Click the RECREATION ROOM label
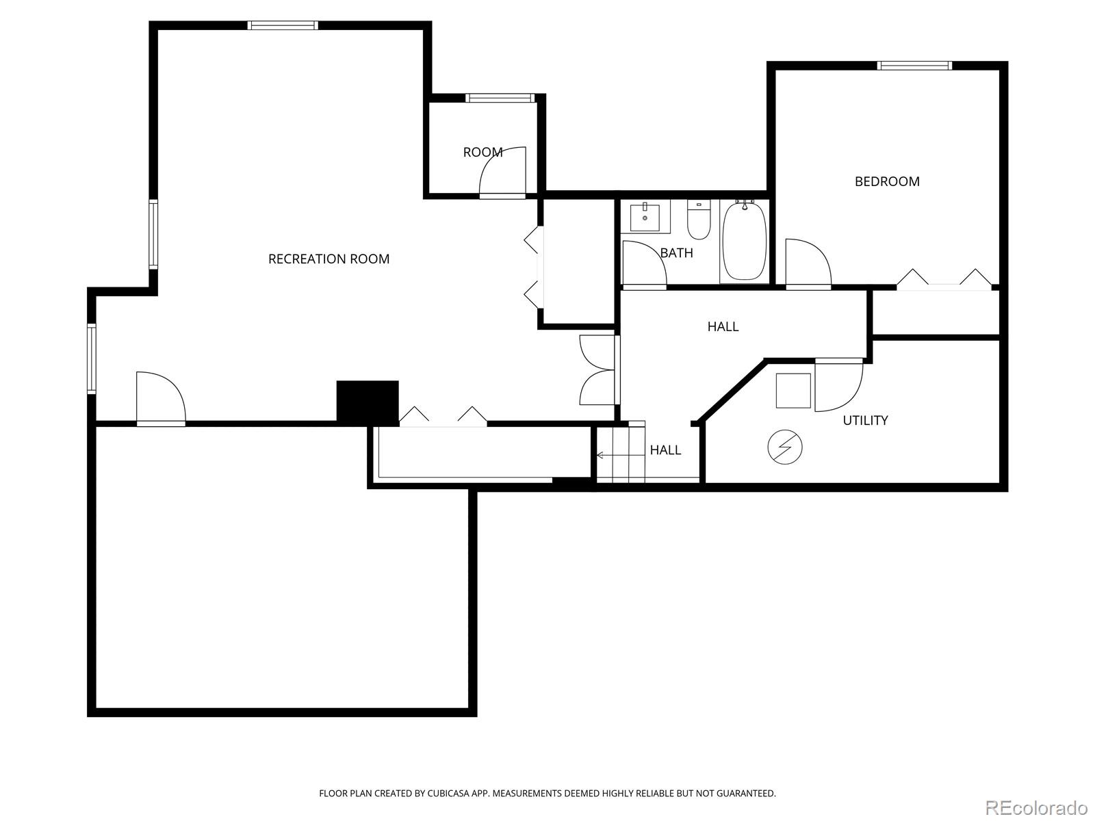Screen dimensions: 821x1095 pyautogui.click(x=328, y=259)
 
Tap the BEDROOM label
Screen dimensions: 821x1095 pyautogui.click(x=887, y=181)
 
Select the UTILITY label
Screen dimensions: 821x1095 pyautogui.click(x=865, y=420)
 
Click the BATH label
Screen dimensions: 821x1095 pyautogui.click(x=677, y=252)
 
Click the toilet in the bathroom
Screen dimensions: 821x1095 pyautogui.click(x=699, y=218)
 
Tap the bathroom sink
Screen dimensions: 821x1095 pyautogui.click(x=645, y=217)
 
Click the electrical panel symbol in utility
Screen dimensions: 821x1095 pyautogui.click(x=785, y=447)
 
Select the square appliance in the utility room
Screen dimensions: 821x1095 pyautogui.click(x=793, y=391)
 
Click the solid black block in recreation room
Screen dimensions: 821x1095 pyautogui.click(x=368, y=401)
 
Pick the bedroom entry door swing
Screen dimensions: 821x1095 pyautogui.click(x=808, y=263)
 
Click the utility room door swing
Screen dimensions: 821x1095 pyautogui.click(x=838, y=386)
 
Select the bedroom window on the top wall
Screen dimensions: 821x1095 pyautogui.click(x=914, y=66)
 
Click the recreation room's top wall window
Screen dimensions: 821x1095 pyautogui.click(x=283, y=25)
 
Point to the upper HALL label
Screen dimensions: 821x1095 pyautogui.click(x=723, y=326)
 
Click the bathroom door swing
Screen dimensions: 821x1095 pyautogui.click(x=644, y=264)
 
